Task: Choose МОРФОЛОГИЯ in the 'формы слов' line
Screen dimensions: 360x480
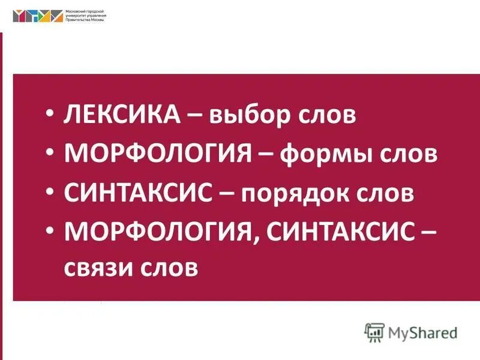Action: [158, 154]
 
